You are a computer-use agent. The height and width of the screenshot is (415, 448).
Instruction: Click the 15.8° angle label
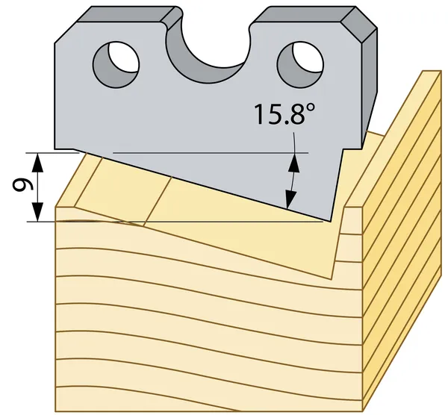pyautogui.click(x=284, y=114)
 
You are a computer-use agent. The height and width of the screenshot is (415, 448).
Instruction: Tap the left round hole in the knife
pyautogui.click(x=116, y=64)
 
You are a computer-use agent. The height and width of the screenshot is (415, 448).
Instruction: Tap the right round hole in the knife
pyautogui.click(x=300, y=65)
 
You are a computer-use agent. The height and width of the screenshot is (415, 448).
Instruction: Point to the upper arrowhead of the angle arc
pyautogui.click(x=294, y=162)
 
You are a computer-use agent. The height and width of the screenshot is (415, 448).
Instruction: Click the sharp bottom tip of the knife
pyautogui.click(x=330, y=221)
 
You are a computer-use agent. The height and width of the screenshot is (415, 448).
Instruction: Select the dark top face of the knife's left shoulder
pyautogui.click(x=125, y=15)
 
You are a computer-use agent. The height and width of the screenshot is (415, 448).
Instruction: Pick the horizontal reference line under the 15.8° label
pyautogui.click(x=211, y=153)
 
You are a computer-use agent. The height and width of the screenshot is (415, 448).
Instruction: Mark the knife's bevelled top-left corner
pyautogui.click(x=65, y=33)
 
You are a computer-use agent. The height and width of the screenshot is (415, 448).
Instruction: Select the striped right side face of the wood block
pyautogui.click(x=402, y=240)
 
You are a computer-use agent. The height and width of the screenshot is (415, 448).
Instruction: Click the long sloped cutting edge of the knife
pyautogui.click(x=202, y=185)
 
